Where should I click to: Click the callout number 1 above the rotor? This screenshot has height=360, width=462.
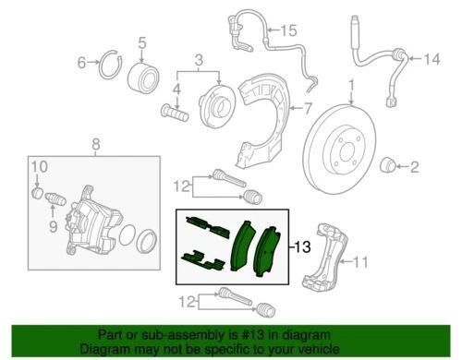coord(352,90)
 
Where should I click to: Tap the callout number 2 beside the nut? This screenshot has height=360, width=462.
coord(415,167)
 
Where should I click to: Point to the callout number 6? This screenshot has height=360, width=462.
coord(80,62)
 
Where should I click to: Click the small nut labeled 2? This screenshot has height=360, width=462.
coord(389,165)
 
